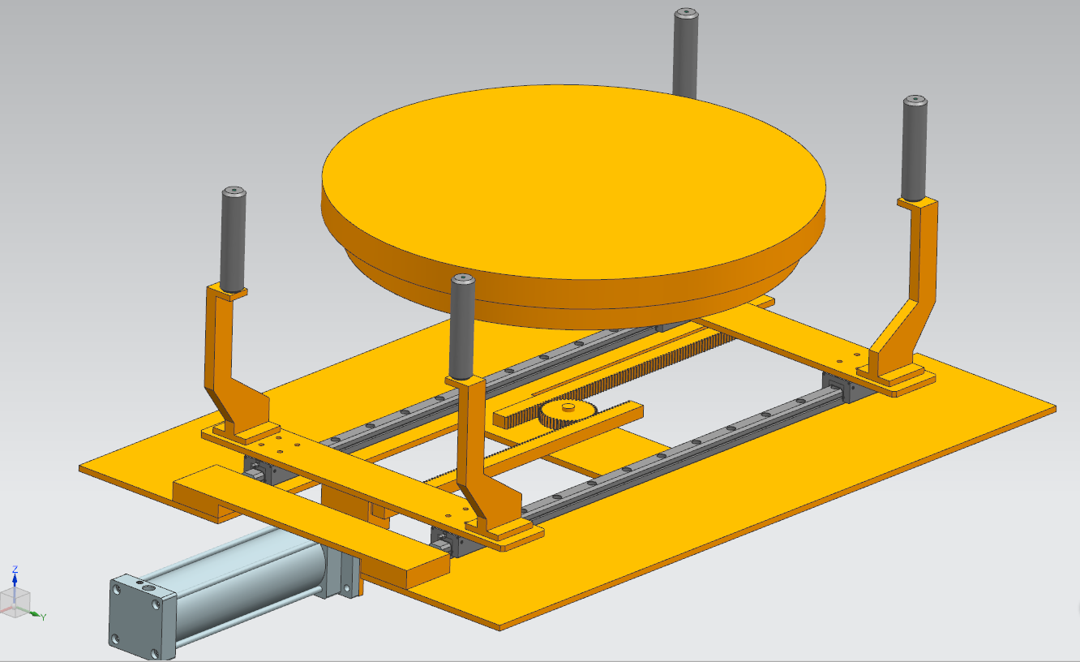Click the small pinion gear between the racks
tap(568, 414)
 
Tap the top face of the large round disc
tap(574, 181)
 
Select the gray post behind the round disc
tap(686, 53)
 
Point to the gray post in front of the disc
tap(462, 327)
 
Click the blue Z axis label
tap(15, 570)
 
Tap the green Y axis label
tap(44, 617)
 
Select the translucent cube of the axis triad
tap(15, 603)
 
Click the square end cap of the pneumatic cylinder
tap(142, 616)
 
